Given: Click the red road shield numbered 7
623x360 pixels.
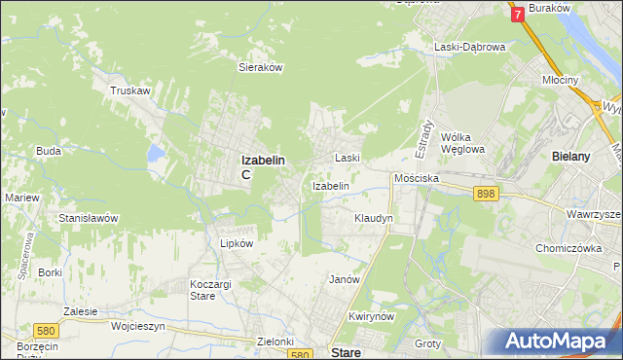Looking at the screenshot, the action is pyautogui.click(x=516, y=15).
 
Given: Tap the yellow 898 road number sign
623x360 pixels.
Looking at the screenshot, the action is pyautogui.click(x=487, y=195).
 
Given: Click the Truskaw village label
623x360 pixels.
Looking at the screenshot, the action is pyautogui.click(x=130, y=90).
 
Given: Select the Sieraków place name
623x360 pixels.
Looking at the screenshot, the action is pyautogui.click(x=261, y=68).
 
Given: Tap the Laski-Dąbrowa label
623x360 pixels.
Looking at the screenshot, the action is pyautogui.click(x=469, y=46).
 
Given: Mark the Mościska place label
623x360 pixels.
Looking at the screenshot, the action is pyautogui.click(x=417, y=179).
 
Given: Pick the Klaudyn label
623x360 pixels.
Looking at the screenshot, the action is pyautogui.click(x=374, y=218).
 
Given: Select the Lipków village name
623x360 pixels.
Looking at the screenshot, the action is pyautogui.click(x=237, y=243).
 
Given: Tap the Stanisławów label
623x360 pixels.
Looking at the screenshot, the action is pyautogui.click(x=89, y=218).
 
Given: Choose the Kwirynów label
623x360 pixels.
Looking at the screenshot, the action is pyautogui.click(x=371, y=317).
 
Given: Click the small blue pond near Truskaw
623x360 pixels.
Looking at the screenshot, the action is pyautogui.click(x=155, y=153).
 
